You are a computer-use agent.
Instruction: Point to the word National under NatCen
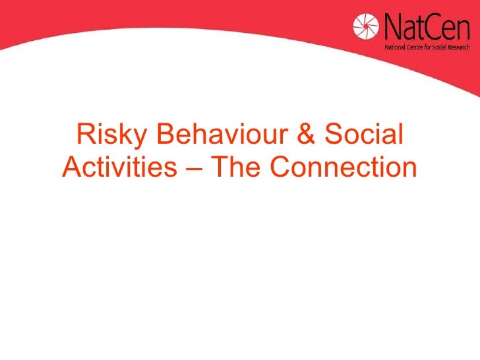pos(395,48)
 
